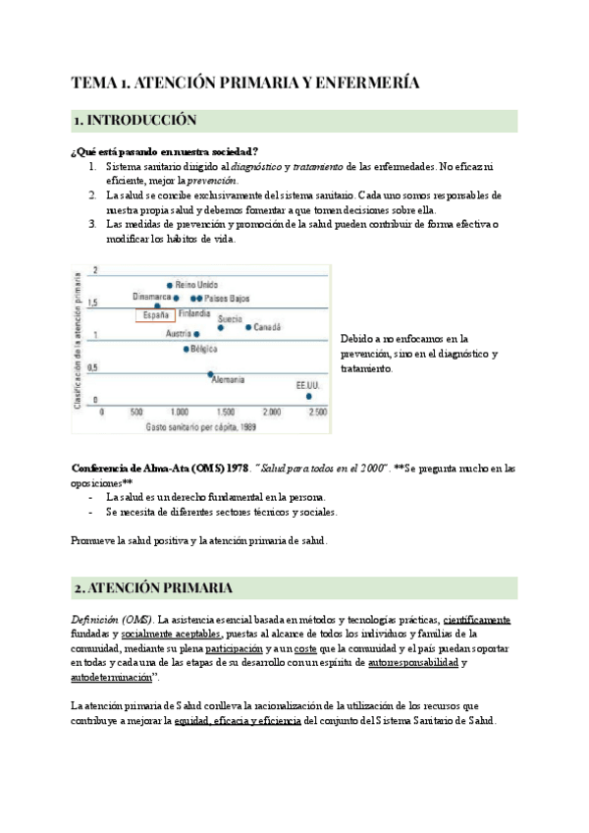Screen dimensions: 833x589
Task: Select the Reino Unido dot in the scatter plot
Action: [x=170, y=285]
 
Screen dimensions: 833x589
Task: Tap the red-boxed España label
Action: [x=155, y=315]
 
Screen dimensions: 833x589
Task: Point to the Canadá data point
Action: [x=249, y=327]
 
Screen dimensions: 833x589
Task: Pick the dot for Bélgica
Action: [x=187, y=349]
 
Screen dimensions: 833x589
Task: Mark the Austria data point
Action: [x=196, y=334]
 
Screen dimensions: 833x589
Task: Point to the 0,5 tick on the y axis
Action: [x=94, y=368]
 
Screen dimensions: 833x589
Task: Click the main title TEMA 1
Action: [x=246, y=83]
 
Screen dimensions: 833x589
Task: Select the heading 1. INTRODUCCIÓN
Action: [x=135, y=121]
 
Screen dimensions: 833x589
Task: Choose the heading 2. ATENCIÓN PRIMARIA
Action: [x=152, y=588]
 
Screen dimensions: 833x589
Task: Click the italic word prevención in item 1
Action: [x=211, y=181]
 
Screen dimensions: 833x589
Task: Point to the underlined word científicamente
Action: [x=477, y=620]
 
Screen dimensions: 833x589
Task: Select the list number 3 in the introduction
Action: [x=91, y=224]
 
